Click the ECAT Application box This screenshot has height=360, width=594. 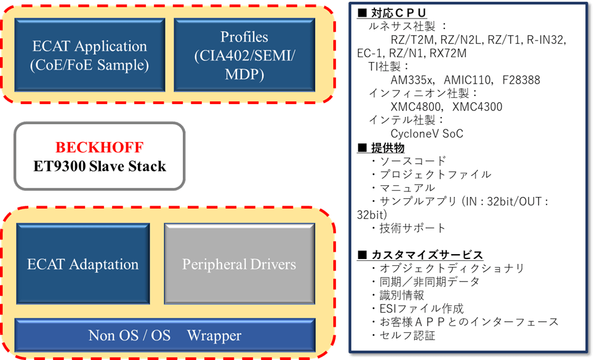[x=90, y=55]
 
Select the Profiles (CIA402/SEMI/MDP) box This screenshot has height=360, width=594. [x=244, y=55]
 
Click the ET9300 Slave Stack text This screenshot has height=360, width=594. [x=99, y=166]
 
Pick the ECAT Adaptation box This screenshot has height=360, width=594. [x=83, y=265]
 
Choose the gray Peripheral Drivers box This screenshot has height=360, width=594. [x=239, y=265]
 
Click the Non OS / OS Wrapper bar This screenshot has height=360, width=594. [x=165, y=336]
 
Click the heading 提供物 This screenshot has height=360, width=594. [x=385, y=147]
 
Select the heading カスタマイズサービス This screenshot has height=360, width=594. [x=425, y=254]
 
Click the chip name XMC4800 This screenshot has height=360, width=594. [x=412, y=106]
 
